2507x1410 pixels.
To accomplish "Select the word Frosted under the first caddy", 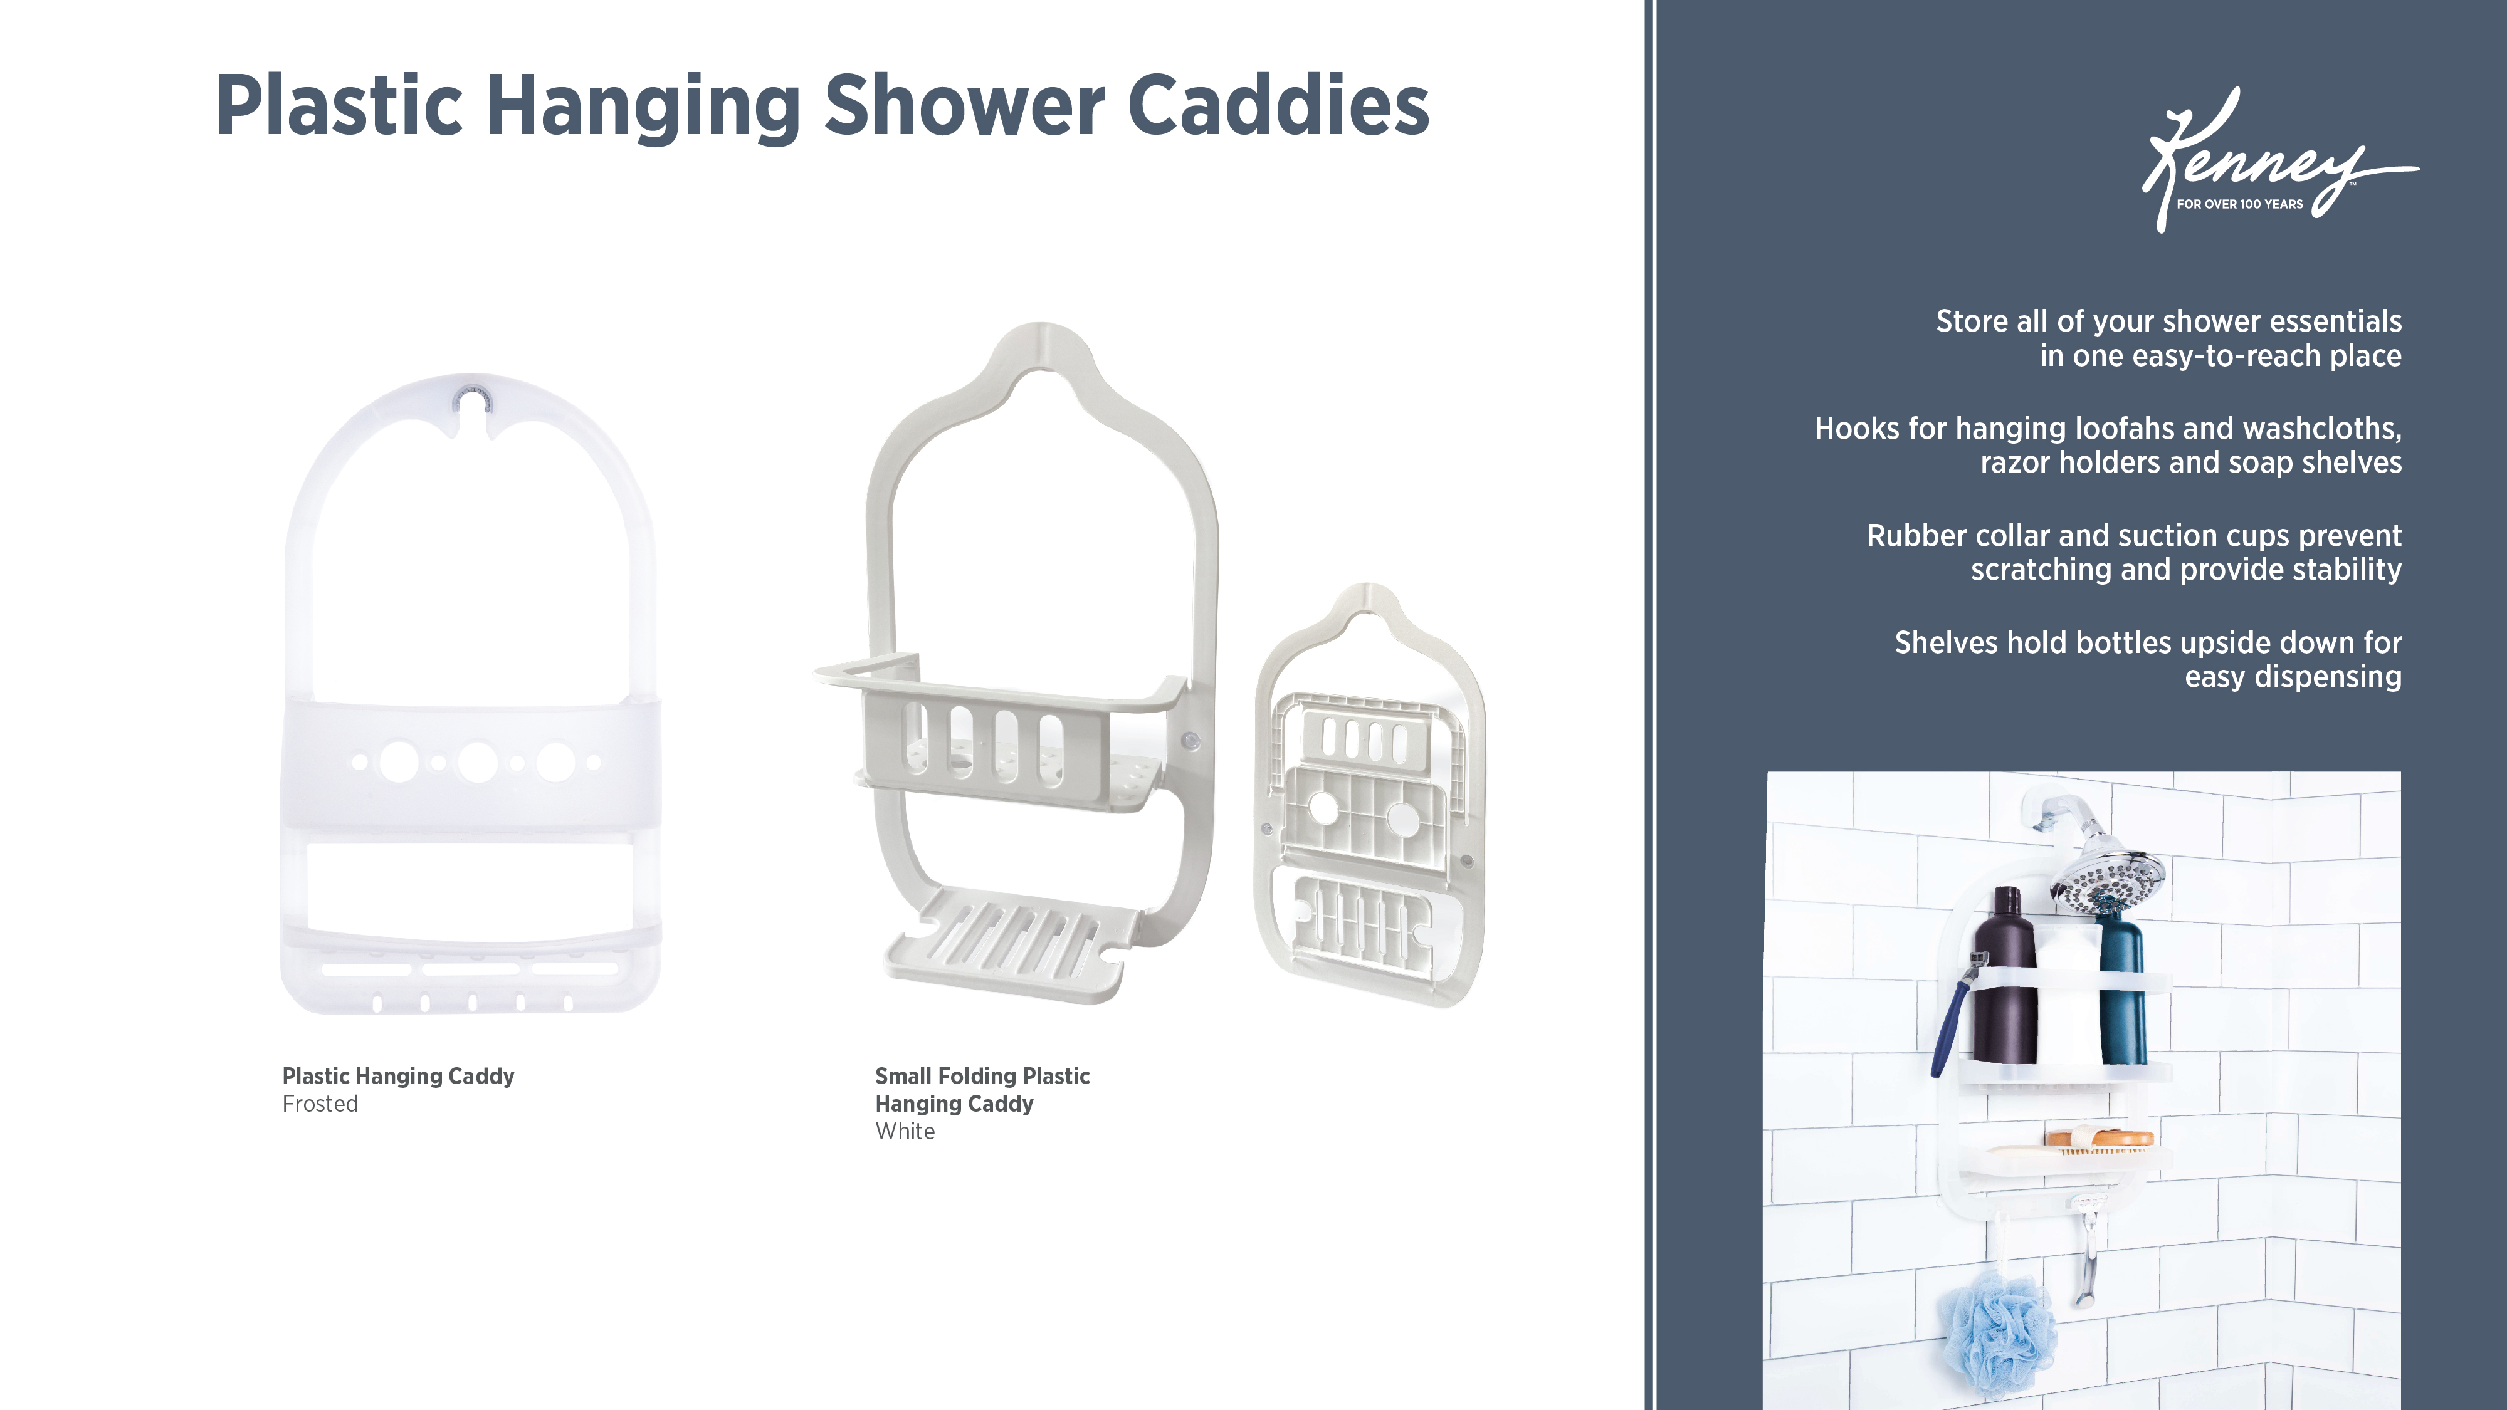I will pos(320,1104).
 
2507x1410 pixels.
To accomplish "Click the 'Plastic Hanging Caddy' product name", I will pos(398,1076).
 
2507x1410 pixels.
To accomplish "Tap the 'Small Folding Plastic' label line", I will pos(982,1076).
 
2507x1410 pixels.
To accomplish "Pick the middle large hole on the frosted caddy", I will pos(477,763).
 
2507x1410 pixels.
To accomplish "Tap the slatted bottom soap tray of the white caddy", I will pos(1012,939).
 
